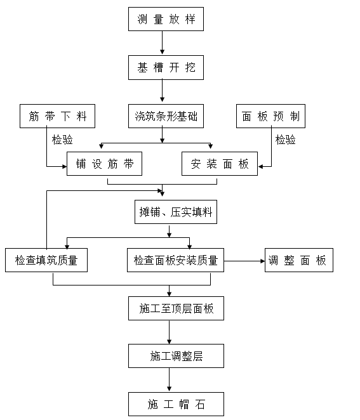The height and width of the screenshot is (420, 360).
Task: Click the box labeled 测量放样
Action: coord(166,19)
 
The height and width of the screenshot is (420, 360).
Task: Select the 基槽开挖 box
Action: coord(166,67)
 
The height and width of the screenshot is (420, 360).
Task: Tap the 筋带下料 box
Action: coord(57,116)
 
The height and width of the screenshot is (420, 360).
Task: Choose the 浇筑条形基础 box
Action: coord(166,116)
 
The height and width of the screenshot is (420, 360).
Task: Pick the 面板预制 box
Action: coord(270,116)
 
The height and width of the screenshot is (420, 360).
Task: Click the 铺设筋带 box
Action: coord(104,164)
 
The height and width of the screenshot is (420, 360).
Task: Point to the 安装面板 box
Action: coord(219,164)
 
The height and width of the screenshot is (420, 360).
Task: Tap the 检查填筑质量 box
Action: coord(46,260)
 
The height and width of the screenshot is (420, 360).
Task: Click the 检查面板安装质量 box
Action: coord(175,260)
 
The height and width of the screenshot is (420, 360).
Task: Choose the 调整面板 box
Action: coord(298,260)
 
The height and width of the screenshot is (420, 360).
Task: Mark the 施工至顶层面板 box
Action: coord(176,308)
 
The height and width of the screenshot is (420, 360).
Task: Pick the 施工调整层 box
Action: coord(176,356)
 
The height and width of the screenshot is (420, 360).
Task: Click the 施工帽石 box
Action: coord(176,404)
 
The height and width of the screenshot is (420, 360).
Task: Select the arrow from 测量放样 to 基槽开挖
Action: coord(163,43)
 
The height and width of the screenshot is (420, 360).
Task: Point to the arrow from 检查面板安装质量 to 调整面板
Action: coord(244,260)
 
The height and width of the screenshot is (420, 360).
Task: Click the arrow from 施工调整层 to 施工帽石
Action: coord(170,380)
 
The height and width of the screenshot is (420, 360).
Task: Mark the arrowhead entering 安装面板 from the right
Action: coord(260,167)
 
